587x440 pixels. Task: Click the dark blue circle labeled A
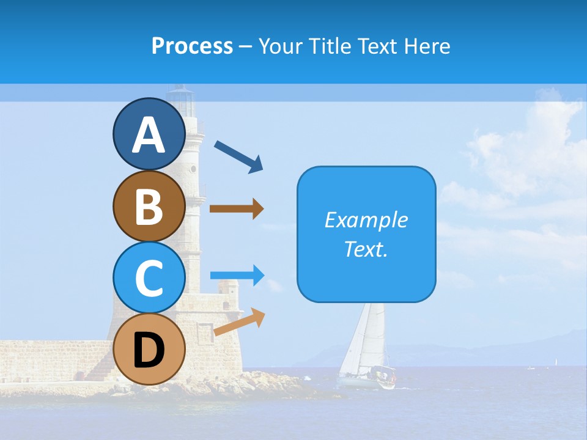(x=149, y=134)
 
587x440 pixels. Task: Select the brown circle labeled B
(x=149, y=206)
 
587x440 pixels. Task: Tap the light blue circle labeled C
(x=149, y=277)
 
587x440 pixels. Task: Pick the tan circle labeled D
(x=149, y=349)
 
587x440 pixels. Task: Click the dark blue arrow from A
(x=238, y=156)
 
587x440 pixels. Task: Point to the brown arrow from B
(x=236, y=209)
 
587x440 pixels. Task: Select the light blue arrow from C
(x=237, y=276)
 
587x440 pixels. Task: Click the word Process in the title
(x=192, y=46)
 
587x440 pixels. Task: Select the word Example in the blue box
(x=366, y=220)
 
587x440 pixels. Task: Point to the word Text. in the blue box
(x=366, y=249)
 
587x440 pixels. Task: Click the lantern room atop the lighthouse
(x=182, y=98)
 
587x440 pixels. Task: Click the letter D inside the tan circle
(x=149, y=350)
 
